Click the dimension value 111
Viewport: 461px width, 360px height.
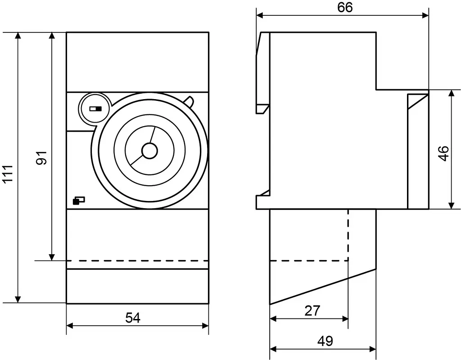tap(8, 173)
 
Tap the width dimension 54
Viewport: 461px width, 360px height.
tap(133, 318)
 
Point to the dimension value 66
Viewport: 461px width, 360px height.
tap(345, 8)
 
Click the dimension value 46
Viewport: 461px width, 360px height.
tap(444, 153)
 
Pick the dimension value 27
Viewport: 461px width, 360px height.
tap(312, 310)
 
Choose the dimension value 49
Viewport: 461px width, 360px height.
tap(325, 341)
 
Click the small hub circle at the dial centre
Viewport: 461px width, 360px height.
tap(149, 150)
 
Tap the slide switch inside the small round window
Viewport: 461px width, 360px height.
tap(95, 109)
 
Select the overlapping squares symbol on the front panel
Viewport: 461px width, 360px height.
tap(78, 200)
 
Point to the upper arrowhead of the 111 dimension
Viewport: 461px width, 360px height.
tap(18, 35)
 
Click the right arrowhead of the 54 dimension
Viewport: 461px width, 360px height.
tap(205, 326)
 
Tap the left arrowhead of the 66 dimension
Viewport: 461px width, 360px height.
tap(260, 15)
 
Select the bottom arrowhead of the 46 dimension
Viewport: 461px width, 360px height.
tap(451, 205)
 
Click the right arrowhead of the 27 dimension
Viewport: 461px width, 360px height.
tap(345, 319)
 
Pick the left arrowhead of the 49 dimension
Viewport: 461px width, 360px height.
tap(273, 349)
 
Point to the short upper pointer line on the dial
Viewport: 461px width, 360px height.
tap(152, 135)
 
